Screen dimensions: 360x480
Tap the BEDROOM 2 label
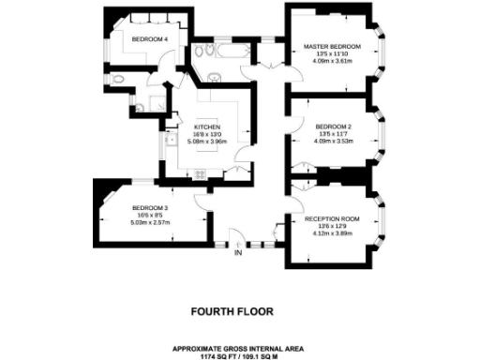[x=333, y=126]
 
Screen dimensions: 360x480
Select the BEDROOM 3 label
[x=149, y=207]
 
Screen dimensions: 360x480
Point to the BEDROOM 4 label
[x=150, y=39]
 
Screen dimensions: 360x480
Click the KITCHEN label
[x=206, y=127]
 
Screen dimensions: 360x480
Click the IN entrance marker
[x=238, y=252]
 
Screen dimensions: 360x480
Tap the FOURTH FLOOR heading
[x=239, y=310]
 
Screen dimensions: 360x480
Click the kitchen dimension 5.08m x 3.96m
[x=206, y=142]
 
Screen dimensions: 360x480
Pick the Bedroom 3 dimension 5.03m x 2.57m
[x=149, y=222]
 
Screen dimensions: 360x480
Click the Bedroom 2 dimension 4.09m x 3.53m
[x=333, y=141]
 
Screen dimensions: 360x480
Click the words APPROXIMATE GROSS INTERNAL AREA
[x=239, y=345]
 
